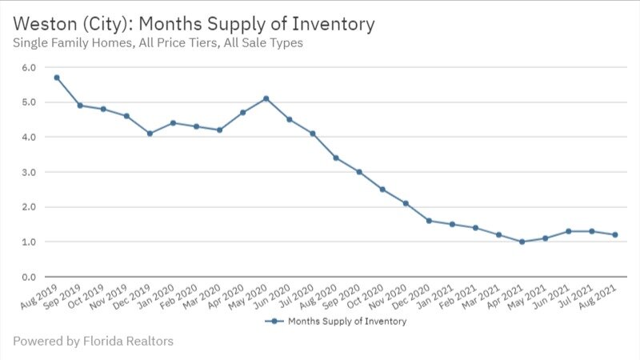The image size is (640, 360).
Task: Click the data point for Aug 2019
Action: click(x=57, y=78)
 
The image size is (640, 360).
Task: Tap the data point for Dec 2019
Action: click(x=150, y=134)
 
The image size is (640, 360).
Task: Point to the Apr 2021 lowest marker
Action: click(x=522, y=242)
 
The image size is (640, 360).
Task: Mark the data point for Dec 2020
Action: click(x=429, y=221)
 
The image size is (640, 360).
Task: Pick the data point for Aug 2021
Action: click(x=614, y=234)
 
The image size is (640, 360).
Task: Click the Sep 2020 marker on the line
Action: click(x=359, y=172)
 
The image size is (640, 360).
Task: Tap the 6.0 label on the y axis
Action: click(x=28, y=67)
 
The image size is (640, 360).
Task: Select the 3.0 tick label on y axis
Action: click(x=28, y=172)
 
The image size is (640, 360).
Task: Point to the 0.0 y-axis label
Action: click(x=28, y=277)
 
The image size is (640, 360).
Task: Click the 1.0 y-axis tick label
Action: click(x=28, y=242)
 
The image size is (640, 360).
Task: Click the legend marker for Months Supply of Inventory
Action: click(x=274, y=322)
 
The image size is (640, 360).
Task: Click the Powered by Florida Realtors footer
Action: click(x=93, y=341)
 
